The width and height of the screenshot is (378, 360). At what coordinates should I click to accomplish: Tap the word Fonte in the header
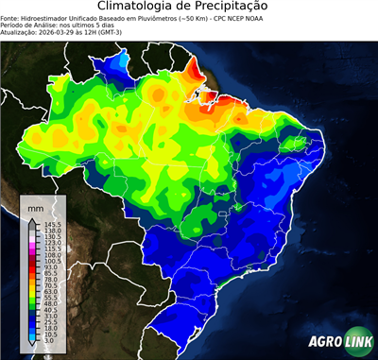tap(11, 17)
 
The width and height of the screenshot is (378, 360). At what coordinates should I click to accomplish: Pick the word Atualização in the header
tap(21, 32)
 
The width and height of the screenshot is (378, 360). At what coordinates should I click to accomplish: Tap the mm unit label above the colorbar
tap(36, 206)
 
